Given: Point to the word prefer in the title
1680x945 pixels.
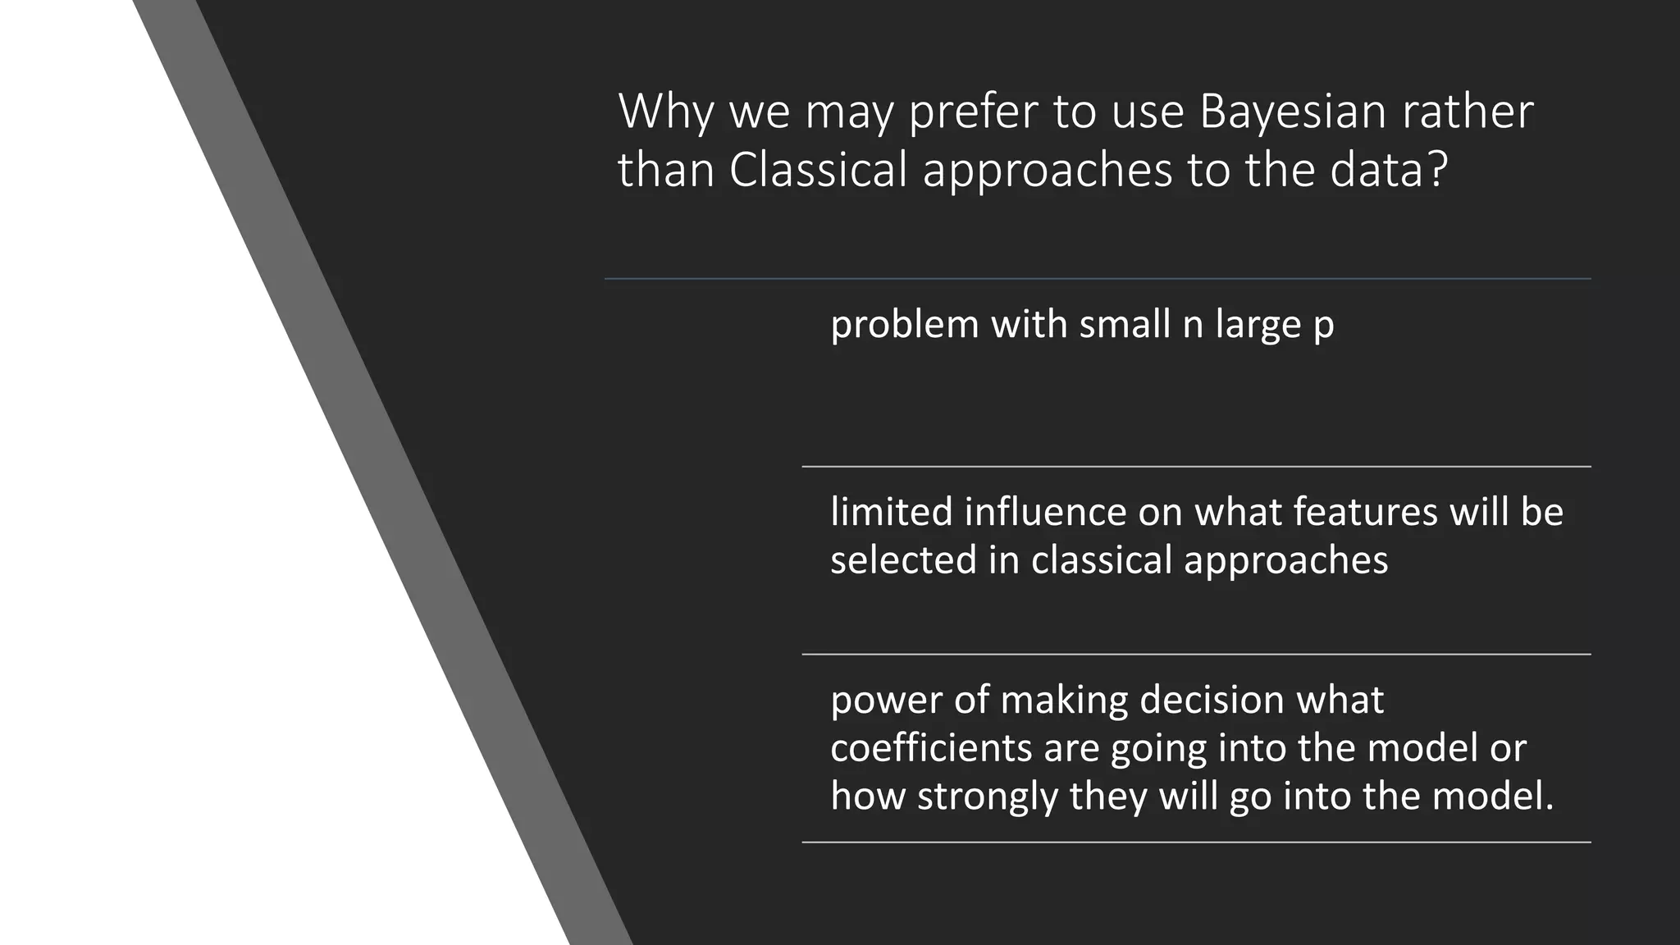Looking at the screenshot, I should click(x=972, y=112).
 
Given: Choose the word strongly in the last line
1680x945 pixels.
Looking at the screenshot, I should click(x=988, y=797).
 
